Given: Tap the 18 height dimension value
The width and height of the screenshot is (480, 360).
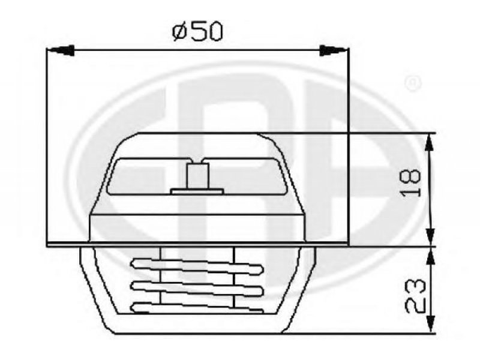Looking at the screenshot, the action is [410, 182].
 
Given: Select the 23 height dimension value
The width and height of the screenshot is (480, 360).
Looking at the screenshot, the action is [415, 296].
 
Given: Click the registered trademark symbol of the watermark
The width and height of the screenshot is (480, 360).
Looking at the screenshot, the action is [413, 83].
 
